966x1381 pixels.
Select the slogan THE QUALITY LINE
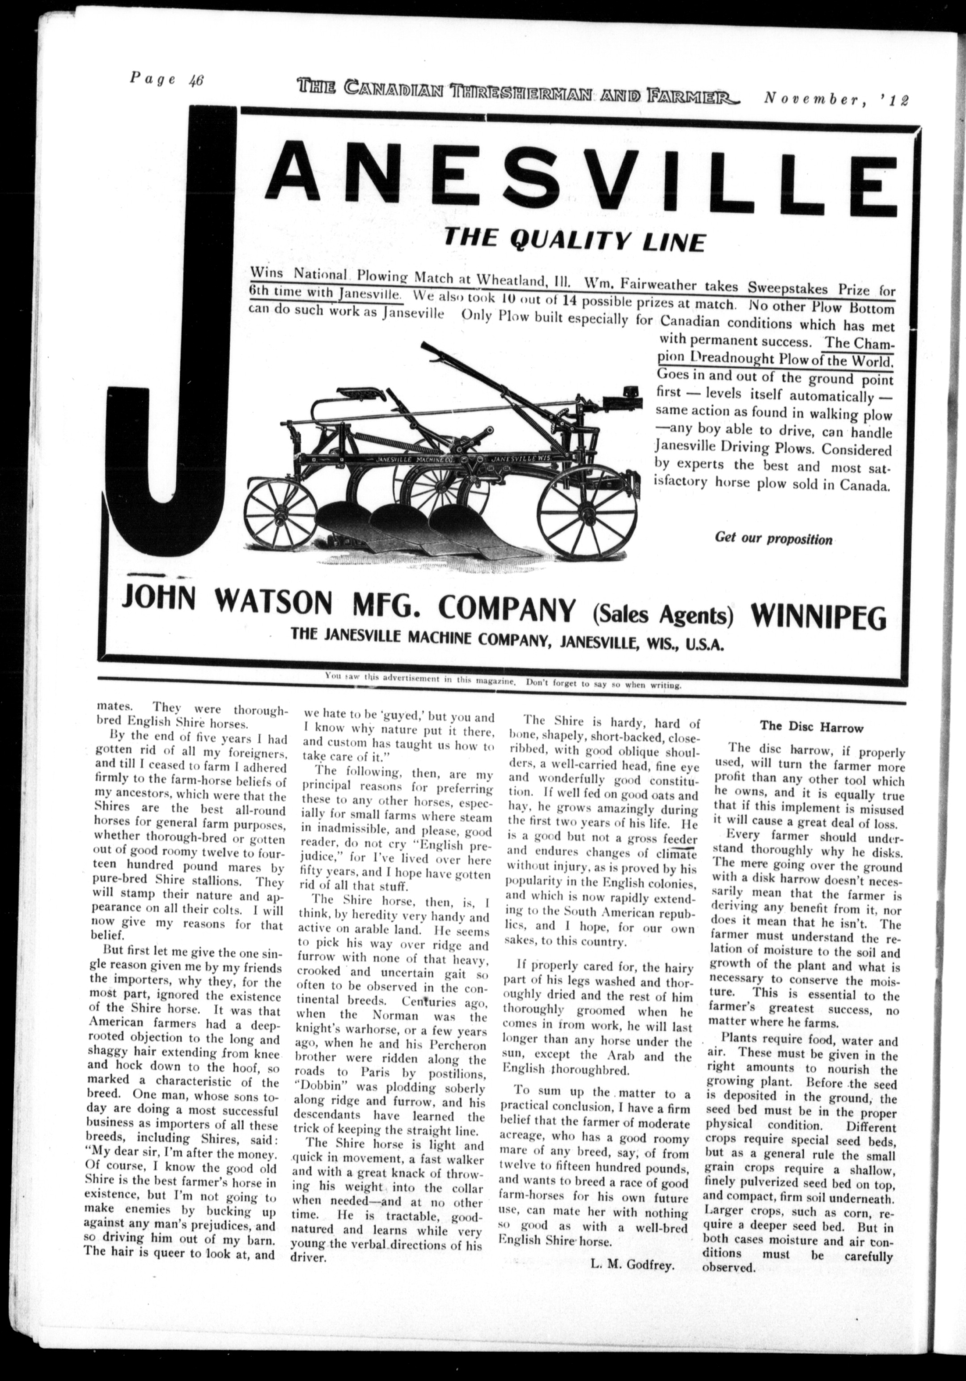click(x=573, y=240)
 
